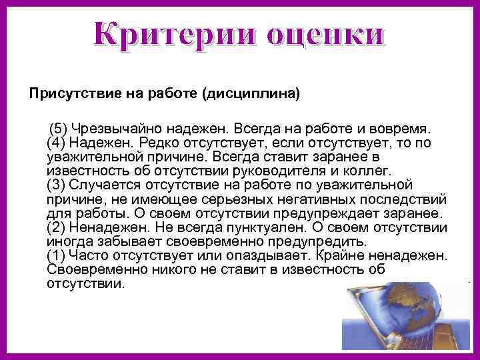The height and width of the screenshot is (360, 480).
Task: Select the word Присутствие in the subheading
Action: pyautogui.click(x=67, y=94)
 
